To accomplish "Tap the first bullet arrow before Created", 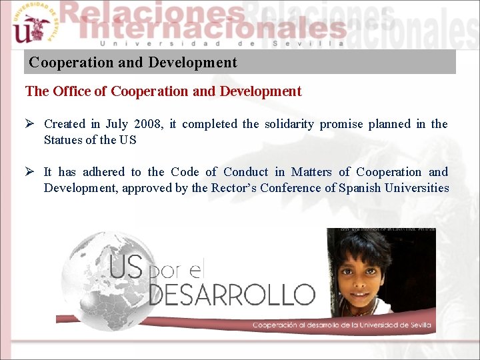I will point(30,124).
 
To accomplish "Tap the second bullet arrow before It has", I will point(30,172).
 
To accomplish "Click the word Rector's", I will point(231,188).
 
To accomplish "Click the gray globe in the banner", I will point(100,280).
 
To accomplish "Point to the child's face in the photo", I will point(364,273).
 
